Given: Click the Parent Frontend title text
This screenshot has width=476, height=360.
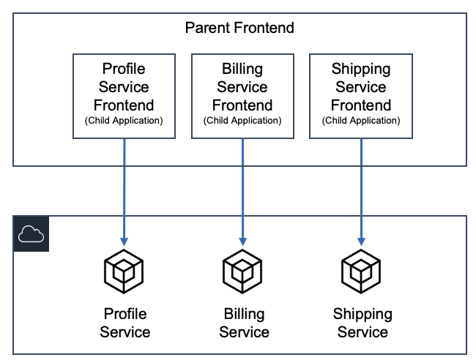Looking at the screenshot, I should click(x=239, y=29).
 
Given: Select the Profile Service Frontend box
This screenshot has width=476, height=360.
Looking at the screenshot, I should click(x=124, y=95).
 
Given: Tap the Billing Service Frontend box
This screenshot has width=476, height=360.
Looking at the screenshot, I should click(x=242, y=95).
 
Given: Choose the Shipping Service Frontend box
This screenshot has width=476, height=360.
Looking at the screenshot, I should click(x=361, y=95).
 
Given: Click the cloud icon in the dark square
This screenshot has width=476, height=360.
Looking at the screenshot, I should click(x=31, y=234).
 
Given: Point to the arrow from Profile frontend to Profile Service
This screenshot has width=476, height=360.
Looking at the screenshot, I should click(x=124, y=190).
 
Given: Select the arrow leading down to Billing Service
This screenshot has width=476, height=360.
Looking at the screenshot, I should click(x=242, y=190).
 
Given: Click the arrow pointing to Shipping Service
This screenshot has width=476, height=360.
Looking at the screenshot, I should click(x=361, y=190).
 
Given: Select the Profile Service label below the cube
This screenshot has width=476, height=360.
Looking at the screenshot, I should click(x=124, y=323).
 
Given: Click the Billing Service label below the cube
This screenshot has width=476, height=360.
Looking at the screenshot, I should click(x=244, y=323).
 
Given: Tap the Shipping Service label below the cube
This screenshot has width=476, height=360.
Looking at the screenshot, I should click(x=362, y=323).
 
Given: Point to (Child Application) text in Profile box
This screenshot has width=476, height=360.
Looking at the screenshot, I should click(x=124, y=120).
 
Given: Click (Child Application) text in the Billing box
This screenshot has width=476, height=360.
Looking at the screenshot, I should click(x=242, y=120).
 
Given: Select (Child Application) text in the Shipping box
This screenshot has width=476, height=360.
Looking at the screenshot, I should click(x=361, y=120).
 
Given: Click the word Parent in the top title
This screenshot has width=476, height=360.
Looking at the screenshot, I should click(x=207, y=29).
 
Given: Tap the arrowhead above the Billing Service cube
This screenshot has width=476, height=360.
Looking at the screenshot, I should click(x=242, y=240).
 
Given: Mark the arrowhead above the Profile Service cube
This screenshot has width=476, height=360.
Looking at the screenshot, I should click(x=124, y=240).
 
